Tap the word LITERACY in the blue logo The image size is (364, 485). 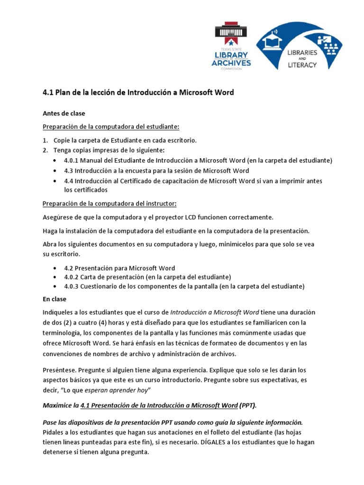coord(301,65)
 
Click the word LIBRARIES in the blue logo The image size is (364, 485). coord(302,53)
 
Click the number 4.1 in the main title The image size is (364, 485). coord(48,93)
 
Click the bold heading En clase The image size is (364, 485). coord(55,299)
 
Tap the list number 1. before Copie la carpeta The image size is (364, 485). coord(45,141)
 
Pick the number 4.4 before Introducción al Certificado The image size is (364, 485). coord(70,181)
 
